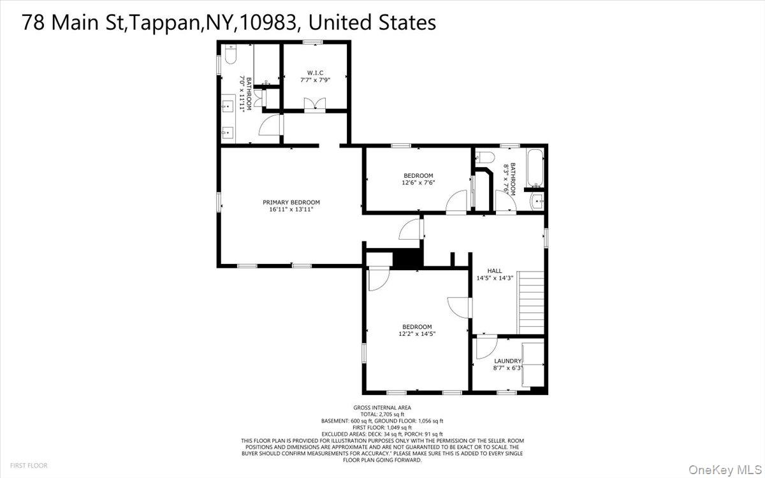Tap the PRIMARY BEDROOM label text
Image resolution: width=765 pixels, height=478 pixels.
291,202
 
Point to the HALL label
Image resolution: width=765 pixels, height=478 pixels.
495,270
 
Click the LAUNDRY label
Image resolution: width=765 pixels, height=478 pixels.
507,361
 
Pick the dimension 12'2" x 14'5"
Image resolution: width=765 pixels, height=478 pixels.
418,333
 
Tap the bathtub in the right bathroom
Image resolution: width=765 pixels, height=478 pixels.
533,168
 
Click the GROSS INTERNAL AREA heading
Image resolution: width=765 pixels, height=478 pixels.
382,408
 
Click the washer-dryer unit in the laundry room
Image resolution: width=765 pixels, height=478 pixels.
532,364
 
